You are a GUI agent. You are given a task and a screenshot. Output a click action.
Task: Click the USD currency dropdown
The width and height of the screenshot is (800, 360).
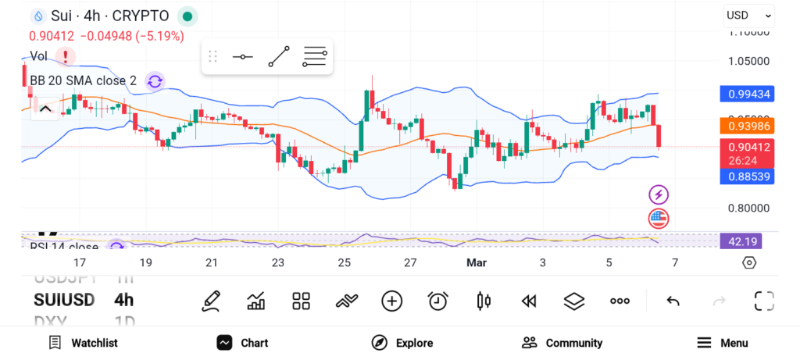click(748, 15)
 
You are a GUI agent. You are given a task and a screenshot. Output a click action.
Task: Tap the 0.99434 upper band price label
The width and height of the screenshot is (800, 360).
click(747, 94)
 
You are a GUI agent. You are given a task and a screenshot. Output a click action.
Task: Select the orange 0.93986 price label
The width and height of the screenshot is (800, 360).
click(747, 126)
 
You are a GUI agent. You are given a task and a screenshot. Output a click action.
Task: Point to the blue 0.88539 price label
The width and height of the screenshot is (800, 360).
click(747, 177)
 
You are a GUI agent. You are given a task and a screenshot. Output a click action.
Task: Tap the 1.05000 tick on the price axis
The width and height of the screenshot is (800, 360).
click(748, 61)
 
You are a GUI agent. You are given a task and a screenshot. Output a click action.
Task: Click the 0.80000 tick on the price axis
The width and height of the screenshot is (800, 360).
click(748, 209)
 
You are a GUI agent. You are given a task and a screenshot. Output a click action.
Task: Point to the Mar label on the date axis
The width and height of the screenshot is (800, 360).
click(477, 263)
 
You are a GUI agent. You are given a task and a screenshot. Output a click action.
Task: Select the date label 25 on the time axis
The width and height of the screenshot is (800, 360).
click(345, 263)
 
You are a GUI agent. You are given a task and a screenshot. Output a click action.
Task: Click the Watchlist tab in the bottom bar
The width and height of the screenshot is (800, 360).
click(83, 343)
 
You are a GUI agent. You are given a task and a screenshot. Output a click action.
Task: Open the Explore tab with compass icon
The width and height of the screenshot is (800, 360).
click(402, 343)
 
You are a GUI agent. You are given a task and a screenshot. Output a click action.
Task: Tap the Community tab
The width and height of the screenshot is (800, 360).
click(562, 343)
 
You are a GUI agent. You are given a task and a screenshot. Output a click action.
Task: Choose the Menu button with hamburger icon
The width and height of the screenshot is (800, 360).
click(722, 343)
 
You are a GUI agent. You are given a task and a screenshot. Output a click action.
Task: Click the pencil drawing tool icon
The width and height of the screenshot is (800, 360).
click(210, 301)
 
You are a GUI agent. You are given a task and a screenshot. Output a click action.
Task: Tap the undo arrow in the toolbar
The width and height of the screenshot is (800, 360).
click(673, 301)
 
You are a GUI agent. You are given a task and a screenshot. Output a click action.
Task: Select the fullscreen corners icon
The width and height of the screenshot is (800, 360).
click(764, 301)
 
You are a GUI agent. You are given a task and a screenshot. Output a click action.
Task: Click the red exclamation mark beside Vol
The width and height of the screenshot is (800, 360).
click(66, 56)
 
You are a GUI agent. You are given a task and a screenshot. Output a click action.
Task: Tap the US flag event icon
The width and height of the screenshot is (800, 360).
click(659, 219)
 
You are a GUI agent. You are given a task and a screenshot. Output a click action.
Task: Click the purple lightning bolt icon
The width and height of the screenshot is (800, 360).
click(659, 194)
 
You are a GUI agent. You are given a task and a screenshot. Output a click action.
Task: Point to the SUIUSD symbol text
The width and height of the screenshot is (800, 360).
click(64, 300)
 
